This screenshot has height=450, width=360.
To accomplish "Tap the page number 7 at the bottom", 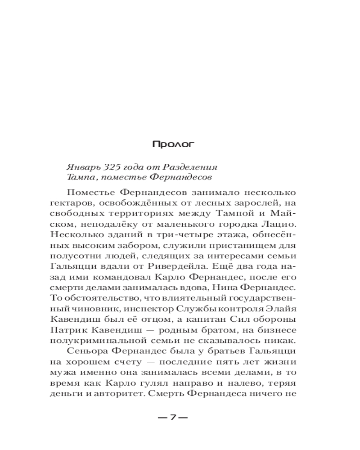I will click(x=173, y=417).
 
